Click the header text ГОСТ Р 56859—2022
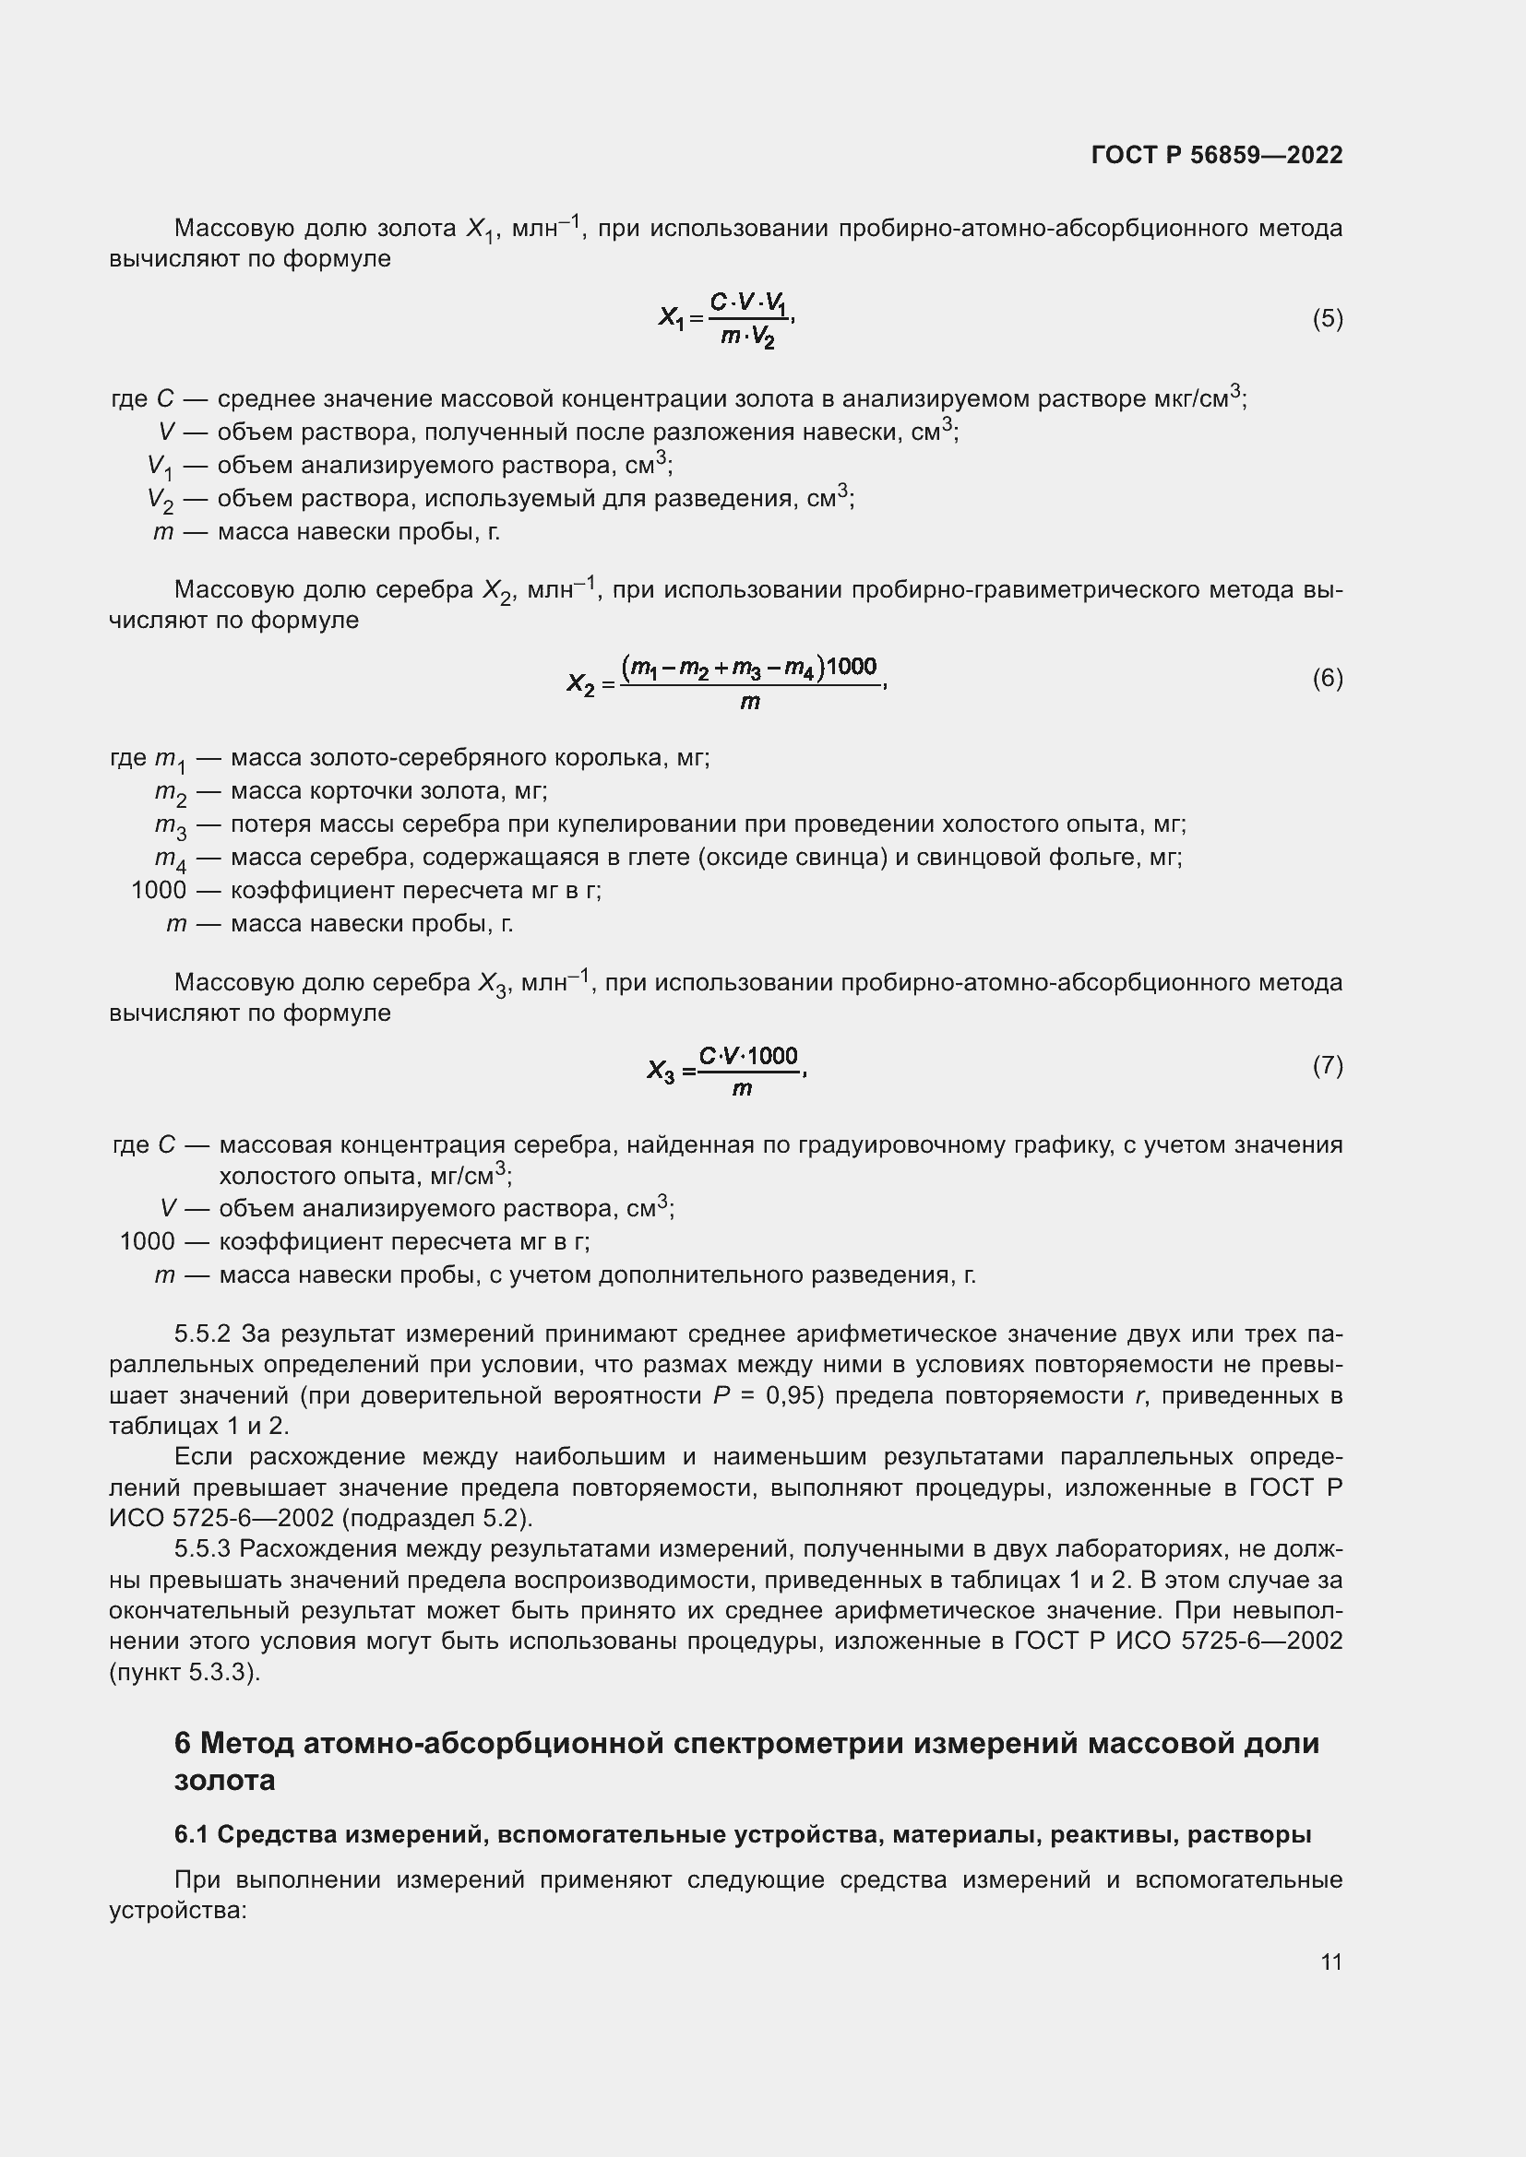tap(1217, 155)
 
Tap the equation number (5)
tap(1327, 319)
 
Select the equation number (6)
tap(1327, 679)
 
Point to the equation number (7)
tap(1327, 1065)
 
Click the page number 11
tap(1330, 1961)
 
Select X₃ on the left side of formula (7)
tap(661, 1070)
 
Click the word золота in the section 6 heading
tap(224, 1780)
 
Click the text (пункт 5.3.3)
tap(185, 1672)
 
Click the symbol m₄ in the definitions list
tap(170, 859)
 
